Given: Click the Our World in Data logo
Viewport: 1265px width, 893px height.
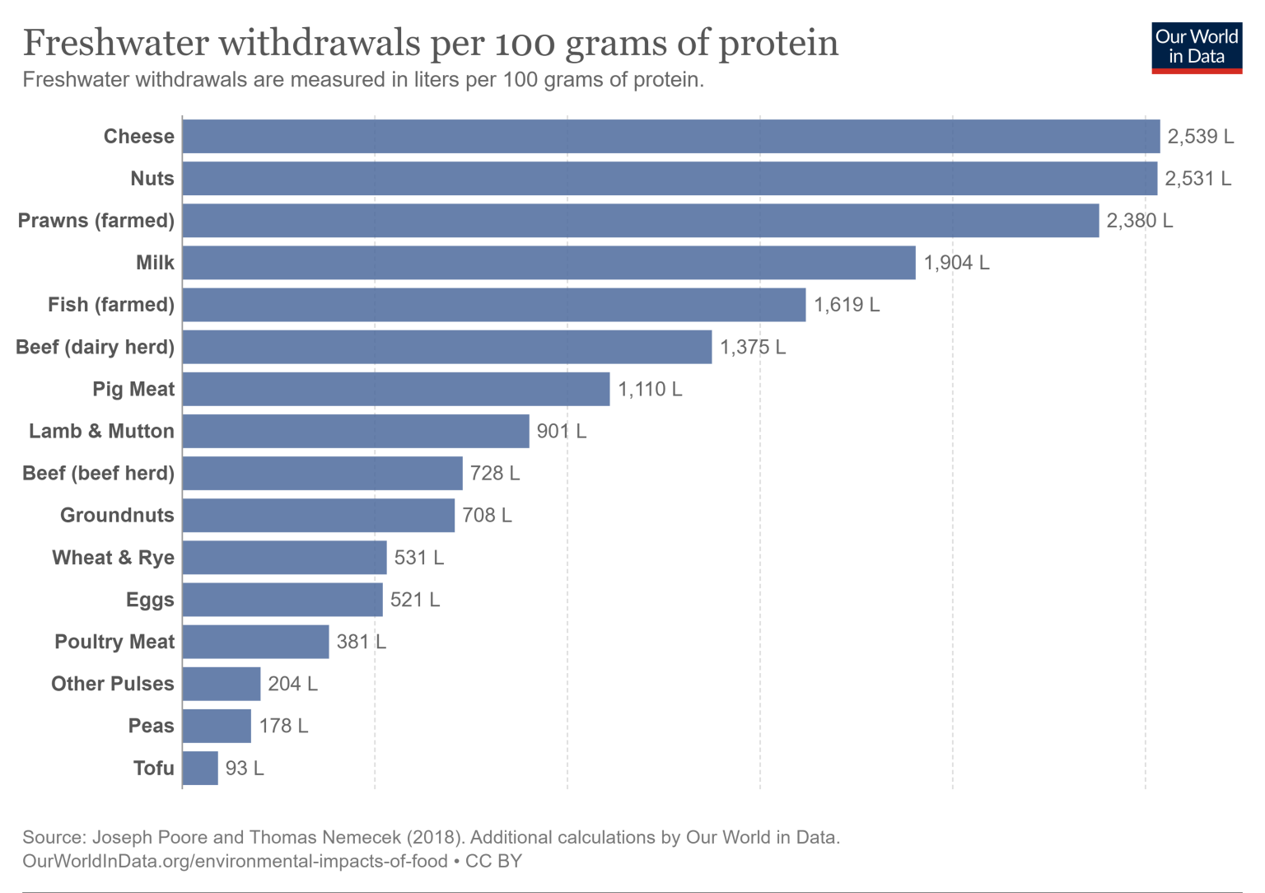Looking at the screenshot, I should click(x=1196, y=48).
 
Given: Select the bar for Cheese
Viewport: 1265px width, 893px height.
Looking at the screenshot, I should click(x=670, y=137).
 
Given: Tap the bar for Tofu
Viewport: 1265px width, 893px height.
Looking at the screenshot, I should click(x=200, y=768).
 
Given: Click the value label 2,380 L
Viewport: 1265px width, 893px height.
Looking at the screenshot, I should click(x=1139, y=221).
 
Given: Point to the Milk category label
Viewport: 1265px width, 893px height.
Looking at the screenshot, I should click(x=155, y=263).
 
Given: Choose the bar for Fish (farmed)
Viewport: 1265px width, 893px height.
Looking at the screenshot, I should click(x=493, y=305).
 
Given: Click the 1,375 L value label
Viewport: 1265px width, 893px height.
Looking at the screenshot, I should click(x=753, y=347).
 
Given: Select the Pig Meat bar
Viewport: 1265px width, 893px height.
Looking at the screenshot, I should click(x=395, y=389).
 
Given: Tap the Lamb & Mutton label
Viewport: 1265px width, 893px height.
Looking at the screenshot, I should click(x=101, y=431).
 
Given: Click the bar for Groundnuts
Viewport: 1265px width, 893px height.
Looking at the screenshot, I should click(x=318, y=515).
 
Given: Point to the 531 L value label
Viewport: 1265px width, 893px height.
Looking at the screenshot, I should click(x=418, y=558).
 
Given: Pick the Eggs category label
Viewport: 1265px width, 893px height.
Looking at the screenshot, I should click(x=150, y=600).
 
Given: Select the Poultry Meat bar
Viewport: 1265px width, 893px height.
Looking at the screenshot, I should click(x=255, y=642).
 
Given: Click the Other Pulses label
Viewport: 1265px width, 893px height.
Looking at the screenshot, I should click(x=113, y=684).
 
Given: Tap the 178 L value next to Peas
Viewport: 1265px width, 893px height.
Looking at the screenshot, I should click(x=283, y=726).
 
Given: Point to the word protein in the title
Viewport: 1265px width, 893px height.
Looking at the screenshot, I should click(x=778, y=43).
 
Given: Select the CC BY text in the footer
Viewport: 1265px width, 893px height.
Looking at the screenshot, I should click(x=493, y=861).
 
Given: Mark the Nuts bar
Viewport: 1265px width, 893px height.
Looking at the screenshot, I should click(x=669, y=179).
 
